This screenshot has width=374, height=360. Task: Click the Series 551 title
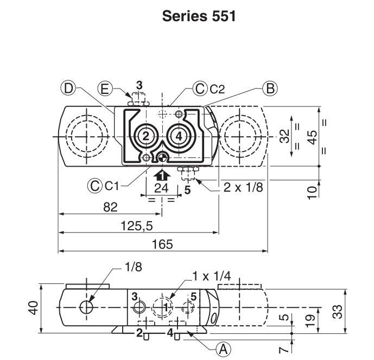tap(199, 16)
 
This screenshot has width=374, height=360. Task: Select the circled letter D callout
tap(68, 89)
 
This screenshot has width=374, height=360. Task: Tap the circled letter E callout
tap(105, 89)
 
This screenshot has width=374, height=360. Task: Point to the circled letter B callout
tap(270, 89)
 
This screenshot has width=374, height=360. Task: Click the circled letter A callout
tap(224, 350)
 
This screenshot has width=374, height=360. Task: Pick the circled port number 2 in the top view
tap(145, 136)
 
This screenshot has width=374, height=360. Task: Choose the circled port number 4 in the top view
tap(179, 136)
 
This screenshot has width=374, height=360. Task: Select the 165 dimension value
tap(162, 244)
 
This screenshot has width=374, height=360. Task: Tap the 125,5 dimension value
tap(137, 226)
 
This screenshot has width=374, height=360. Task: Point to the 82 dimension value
tap(110, 207)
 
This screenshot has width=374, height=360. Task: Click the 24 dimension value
tap(161, 188)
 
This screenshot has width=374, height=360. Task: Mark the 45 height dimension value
tap(312, 137)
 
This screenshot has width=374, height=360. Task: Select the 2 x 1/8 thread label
tap(243, 187)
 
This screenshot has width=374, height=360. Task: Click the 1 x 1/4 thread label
tap(212, 276)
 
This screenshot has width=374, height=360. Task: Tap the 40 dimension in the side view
tap(33, 308)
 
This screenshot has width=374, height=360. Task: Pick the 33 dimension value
tap(337, 312)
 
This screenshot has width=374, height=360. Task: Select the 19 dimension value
tap(310, 321)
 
